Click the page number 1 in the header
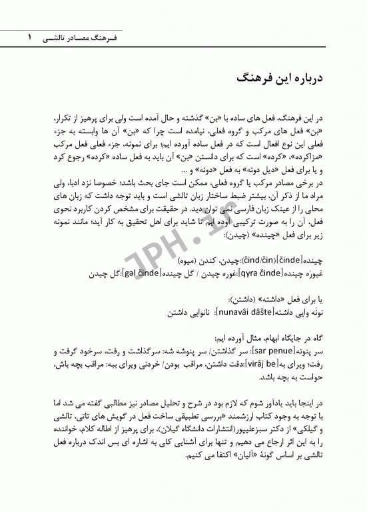click(29, 39)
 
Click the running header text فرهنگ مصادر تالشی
click(71, 40)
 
